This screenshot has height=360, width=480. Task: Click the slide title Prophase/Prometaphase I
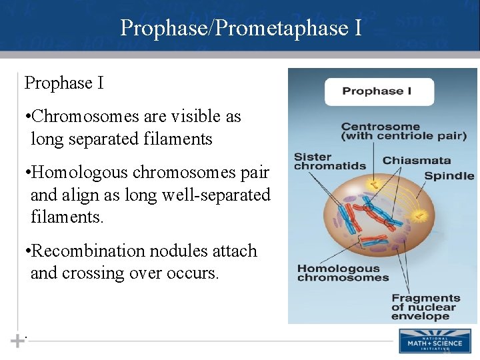pyautogui.click(x=241, y=28)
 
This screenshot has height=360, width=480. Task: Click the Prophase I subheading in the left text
pyautogui.click(x=64, y=83)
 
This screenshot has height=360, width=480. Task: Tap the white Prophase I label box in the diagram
pyautogui.click(x=379, y=91)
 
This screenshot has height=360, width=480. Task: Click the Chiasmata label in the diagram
pyautogui.click(x=417, y=161)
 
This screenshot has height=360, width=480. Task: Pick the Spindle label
pyautogui.click(x=449, y=177)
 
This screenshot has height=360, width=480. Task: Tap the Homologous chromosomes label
pyautogui.click(x=343, y=273)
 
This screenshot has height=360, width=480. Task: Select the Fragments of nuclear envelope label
pyautogui.click(x=425, y=307)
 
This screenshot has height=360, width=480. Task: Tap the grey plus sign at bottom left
pyautogui.click(x=16, y=341)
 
